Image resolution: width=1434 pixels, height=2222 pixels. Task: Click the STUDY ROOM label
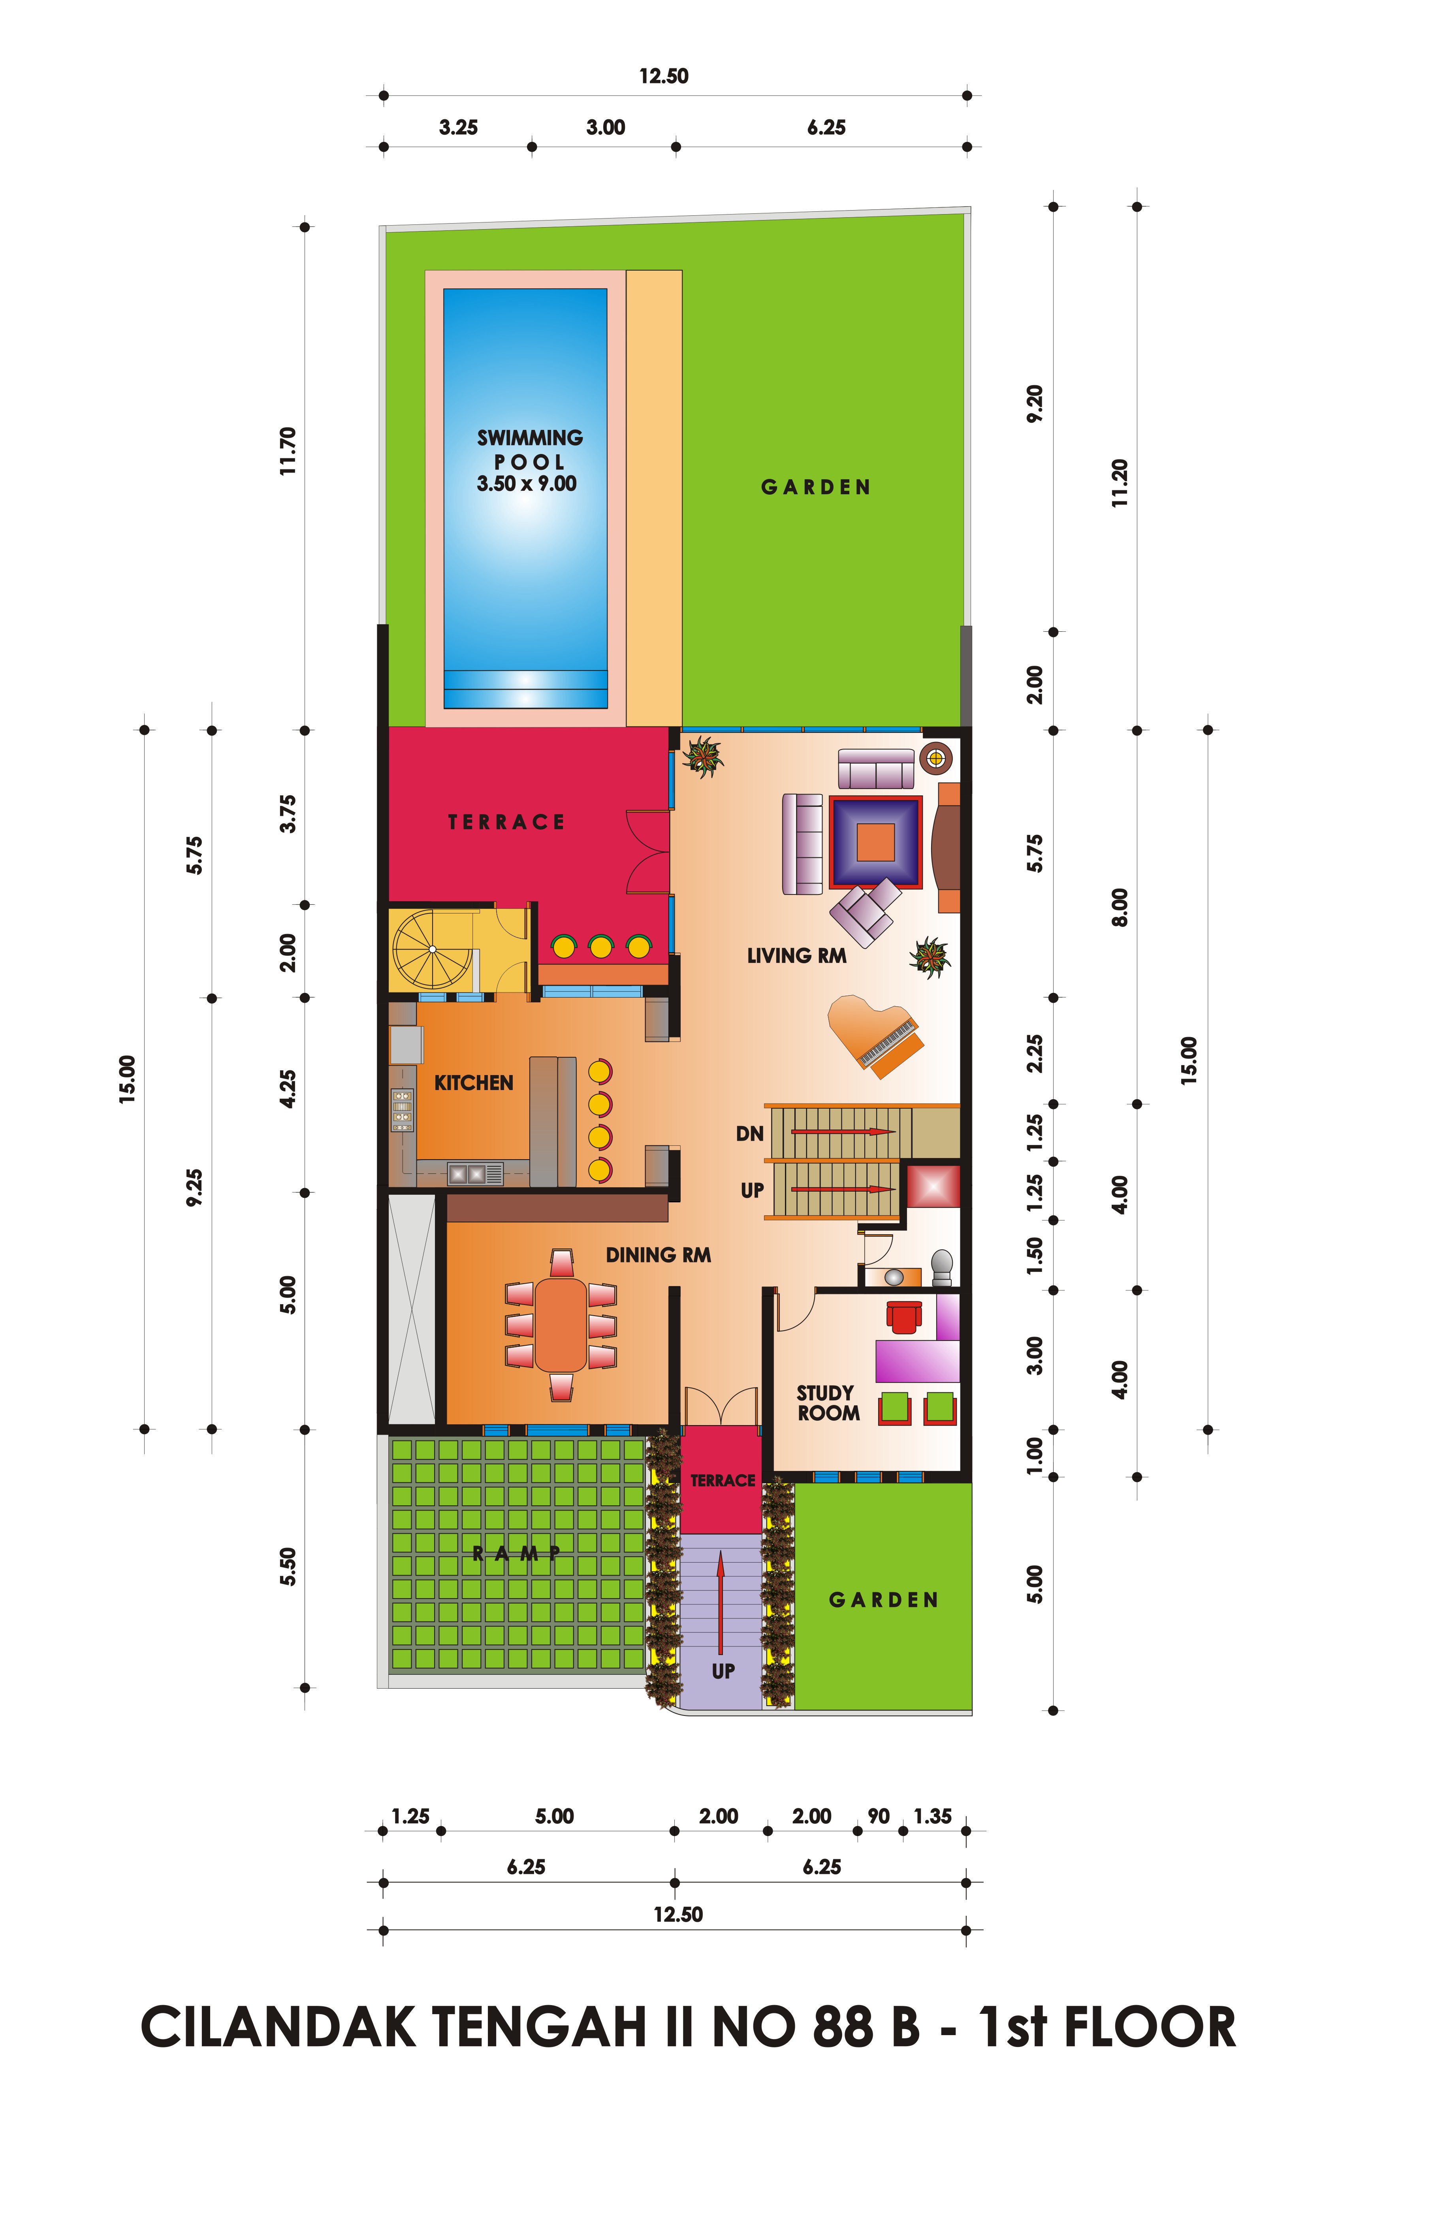pyautogui.click(x=828, y=1403)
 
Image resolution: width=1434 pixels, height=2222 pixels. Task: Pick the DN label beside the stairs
pyautogui.click(x=750, y=1134)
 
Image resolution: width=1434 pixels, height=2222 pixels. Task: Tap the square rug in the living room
pyautogui.click(x=875, y=842)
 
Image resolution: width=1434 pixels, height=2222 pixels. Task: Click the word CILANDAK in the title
pyautogui.click(x=279, y=2027)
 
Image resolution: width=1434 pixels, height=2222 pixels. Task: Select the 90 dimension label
pyautogui.click(x=878, y=1816)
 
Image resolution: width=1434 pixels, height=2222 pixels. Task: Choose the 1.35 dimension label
pyautogui.click(x=932, y=1816)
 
